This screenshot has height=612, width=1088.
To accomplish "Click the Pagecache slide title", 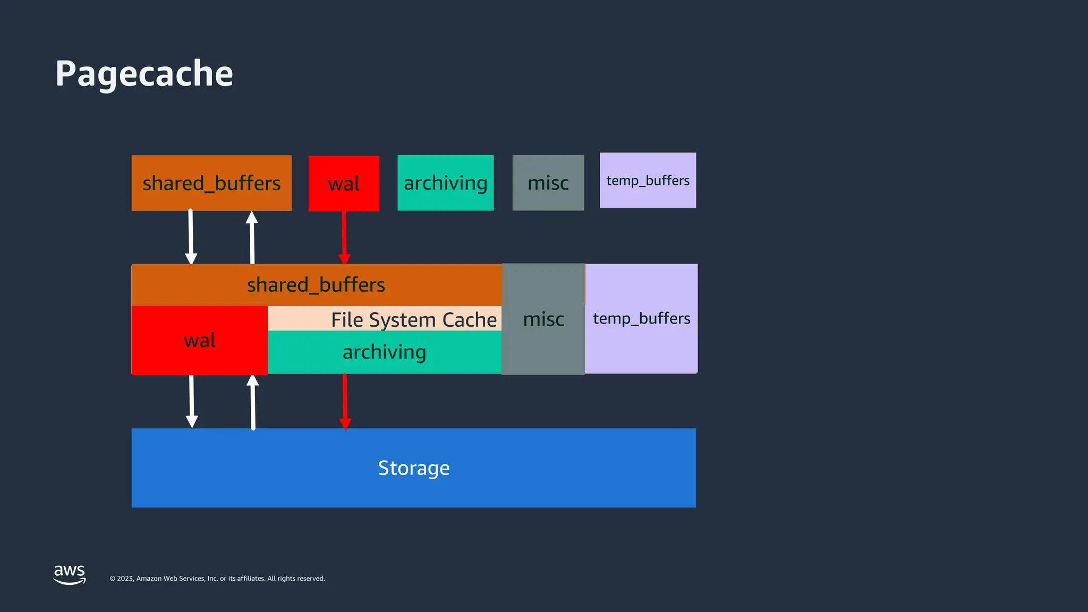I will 144,73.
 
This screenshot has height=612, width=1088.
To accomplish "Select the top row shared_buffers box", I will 211,183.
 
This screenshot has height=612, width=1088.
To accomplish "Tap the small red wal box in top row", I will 344,183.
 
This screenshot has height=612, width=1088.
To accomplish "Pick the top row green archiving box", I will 445,183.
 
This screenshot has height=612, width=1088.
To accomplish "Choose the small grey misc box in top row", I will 548,183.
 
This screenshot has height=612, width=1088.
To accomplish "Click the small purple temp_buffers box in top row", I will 648,181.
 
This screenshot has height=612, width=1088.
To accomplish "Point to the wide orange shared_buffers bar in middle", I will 316,285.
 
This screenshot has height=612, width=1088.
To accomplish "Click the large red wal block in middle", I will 199,340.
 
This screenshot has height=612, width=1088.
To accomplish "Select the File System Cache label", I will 413,319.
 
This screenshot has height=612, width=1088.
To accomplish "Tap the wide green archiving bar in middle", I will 384,352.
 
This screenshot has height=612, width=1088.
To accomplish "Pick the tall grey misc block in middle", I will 543,319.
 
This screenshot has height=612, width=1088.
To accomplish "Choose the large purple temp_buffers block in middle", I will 641,319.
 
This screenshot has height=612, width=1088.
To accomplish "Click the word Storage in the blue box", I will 413,468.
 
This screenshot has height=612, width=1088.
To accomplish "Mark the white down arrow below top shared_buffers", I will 191,237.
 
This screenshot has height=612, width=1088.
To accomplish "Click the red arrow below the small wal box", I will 344,237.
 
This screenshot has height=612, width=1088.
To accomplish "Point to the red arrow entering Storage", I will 345,402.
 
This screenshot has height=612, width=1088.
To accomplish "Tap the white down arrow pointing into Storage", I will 192,402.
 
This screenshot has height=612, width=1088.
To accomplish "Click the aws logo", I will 70,574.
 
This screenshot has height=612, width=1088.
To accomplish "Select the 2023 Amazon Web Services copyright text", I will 217,579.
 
